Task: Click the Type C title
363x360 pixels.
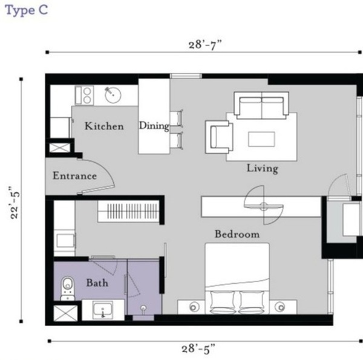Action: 27,11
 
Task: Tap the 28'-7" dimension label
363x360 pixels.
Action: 205,44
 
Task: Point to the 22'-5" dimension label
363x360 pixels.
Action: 15,202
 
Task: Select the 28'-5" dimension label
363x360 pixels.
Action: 198,349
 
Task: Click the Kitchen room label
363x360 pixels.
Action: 104,126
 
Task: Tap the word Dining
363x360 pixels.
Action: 154,126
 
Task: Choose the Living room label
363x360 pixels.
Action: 263,169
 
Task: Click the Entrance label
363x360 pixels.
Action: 75,175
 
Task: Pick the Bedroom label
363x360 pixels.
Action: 237,234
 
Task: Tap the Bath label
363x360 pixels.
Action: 97,283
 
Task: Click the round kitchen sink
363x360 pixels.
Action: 113,95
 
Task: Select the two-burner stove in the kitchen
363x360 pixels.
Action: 85,96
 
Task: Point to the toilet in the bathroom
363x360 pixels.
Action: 68,288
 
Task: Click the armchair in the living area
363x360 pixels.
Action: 219,137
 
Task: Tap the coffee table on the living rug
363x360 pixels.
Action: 261,139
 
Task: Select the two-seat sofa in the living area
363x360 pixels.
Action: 261,105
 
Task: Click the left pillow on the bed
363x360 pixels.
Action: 222,302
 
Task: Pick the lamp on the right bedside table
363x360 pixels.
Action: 280,307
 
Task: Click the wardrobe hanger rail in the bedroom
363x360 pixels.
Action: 129,211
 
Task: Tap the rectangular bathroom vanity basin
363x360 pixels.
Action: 103,310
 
